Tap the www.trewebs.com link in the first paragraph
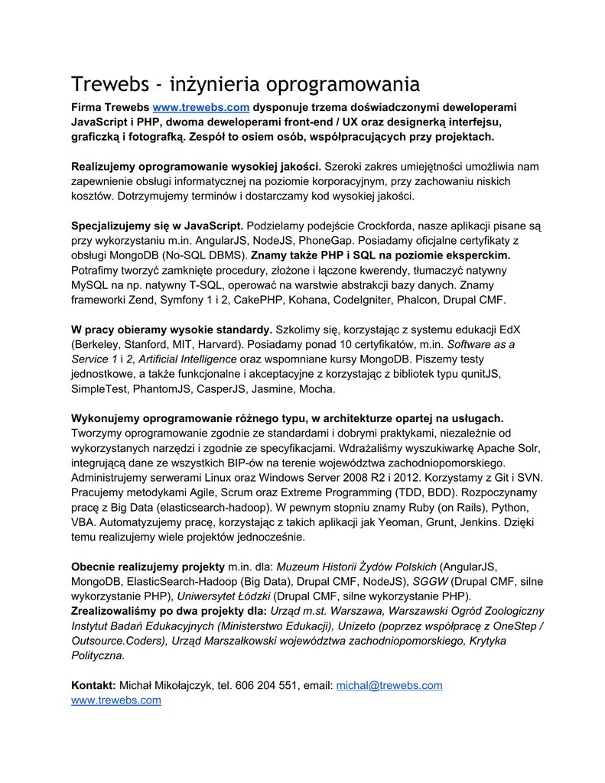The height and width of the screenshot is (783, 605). click(201, 108)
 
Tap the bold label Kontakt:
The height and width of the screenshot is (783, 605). click(93, 685)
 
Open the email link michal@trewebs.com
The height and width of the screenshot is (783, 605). click(389, 685)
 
